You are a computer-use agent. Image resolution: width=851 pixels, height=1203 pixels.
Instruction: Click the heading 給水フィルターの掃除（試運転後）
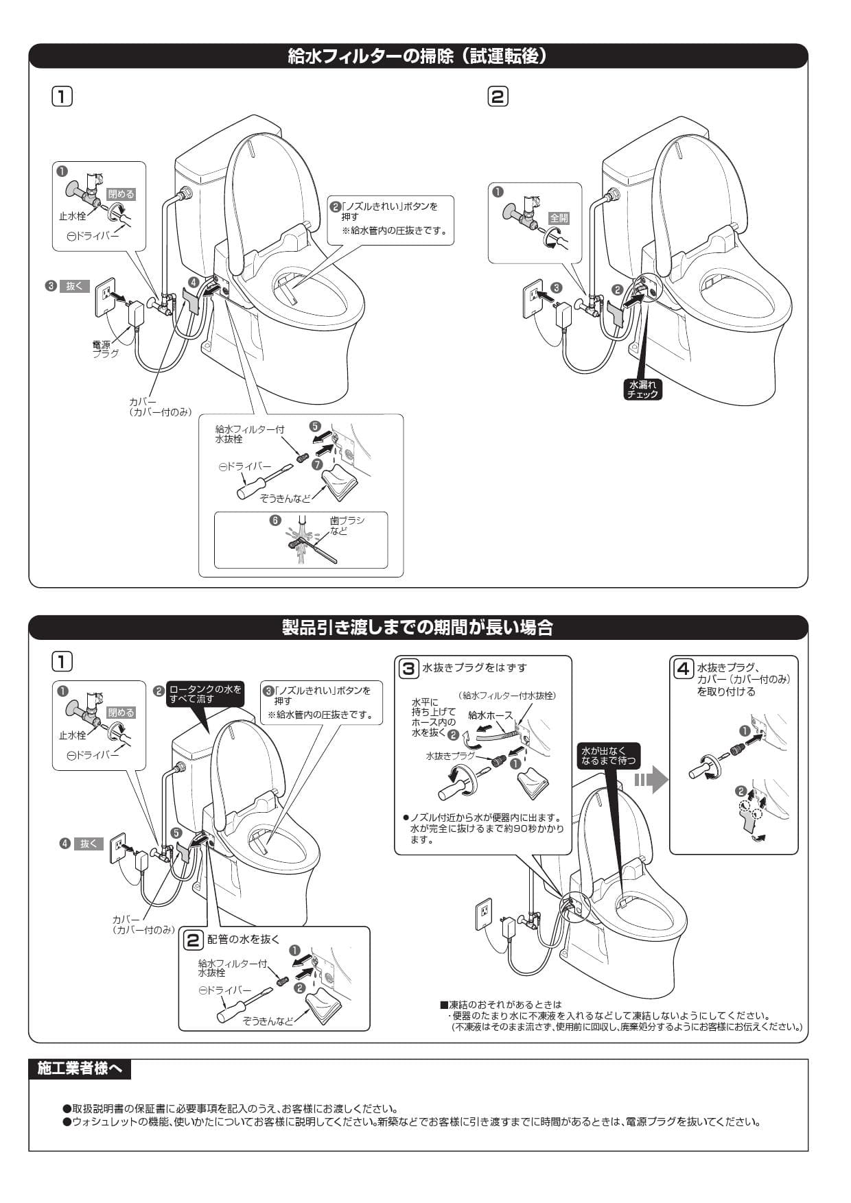click(x=417, y=56)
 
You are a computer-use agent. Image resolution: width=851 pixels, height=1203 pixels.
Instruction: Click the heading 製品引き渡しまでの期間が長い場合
click(x=417, y=627)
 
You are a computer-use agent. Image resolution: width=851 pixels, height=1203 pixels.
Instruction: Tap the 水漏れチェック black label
click(x=642, y=390)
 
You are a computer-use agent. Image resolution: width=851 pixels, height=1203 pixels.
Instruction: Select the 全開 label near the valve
click(x=559, y=218)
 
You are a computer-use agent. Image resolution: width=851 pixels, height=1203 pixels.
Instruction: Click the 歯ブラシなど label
click(x=347, y=526)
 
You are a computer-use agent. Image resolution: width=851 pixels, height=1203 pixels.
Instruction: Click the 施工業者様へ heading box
click(x=80, y=1069)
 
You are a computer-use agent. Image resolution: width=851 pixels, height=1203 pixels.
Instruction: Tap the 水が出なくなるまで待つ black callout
click(x=607, y=756)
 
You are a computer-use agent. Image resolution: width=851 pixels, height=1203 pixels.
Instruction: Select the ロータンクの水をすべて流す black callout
click(x=205, y=694)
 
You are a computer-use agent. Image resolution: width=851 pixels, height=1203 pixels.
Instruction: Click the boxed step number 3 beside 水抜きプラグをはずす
click(x=408, y=668)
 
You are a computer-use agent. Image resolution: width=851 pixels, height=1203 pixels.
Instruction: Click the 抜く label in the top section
click(x=73, y=287)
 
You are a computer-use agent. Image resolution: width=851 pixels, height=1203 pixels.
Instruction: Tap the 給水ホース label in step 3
click(x=490, y=715)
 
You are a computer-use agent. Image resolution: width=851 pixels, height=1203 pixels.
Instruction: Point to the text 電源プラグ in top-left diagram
click(x=106, y=349)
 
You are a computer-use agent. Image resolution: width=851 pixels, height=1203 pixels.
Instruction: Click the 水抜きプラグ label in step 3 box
click(x=450, y=756)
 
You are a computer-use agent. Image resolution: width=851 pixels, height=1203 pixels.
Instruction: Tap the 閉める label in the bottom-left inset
click(x=121, y=713)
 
